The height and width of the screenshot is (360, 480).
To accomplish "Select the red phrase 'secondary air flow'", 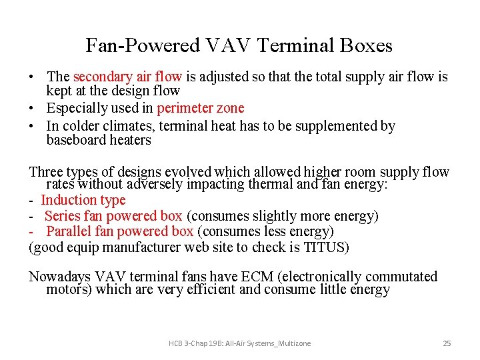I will click(127, 77).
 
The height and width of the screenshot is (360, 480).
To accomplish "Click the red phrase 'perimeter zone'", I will click(201, 108).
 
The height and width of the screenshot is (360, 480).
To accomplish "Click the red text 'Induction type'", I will click(83, 200).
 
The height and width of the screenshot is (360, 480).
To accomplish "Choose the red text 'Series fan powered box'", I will click(113, 216).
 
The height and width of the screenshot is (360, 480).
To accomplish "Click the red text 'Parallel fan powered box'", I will click(120, 231).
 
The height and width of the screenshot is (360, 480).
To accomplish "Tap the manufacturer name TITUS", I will click(326, 247).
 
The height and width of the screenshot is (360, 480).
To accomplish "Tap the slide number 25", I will click(447, 343).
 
